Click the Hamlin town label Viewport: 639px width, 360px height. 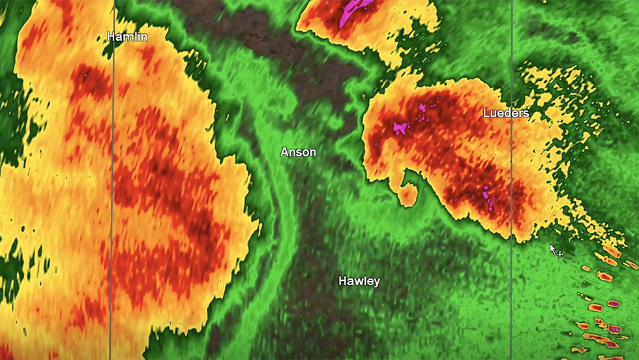point(127,37)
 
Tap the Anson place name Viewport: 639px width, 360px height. point(298,152)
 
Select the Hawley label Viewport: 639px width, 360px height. point(359,281)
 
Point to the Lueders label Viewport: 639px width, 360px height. point(506,113)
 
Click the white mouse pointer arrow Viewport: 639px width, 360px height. point(553,248)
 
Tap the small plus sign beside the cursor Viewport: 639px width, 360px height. point(560,254)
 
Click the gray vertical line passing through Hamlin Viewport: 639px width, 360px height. point(112,196)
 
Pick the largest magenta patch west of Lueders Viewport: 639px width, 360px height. point(400,127)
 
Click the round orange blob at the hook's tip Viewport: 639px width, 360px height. point(408,194)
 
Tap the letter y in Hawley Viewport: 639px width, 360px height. point(376,282)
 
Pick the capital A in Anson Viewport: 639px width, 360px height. point(284,152)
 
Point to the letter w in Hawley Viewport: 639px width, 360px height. point(359,282)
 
